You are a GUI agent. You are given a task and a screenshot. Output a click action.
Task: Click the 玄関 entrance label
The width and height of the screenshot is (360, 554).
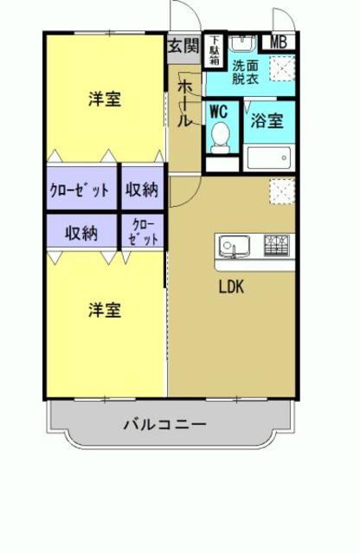(x=183, y=45)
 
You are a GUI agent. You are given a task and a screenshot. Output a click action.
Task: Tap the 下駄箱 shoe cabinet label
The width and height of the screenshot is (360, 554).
(x=214, y=51)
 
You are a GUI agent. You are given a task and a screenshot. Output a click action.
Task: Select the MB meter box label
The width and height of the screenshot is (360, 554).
(x=279, y=42)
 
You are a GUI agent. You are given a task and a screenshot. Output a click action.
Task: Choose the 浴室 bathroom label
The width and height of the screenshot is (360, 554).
(x=267, y=122)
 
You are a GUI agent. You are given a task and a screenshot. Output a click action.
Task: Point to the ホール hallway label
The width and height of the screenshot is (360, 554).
(x=185, y=102)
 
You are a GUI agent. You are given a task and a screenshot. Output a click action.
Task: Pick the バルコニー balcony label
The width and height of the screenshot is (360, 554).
(x=164, y=425)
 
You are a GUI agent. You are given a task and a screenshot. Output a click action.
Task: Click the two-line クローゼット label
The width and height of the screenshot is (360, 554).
(x=144, y=233)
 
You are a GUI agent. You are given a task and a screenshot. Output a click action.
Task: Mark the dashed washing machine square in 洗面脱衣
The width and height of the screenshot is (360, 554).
(x=280, y=68)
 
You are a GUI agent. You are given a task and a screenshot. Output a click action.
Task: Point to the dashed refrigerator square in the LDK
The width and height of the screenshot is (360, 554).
(x=281, y=190)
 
